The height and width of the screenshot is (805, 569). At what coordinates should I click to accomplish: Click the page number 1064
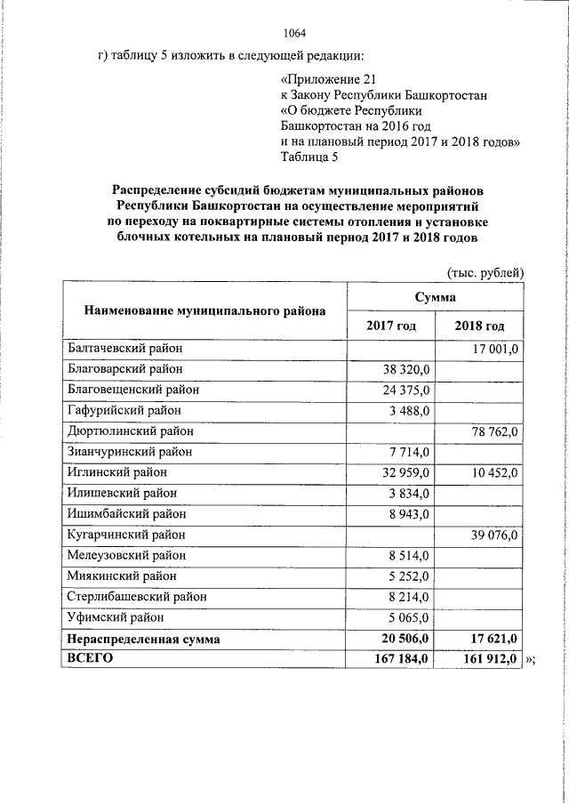coord(294,35)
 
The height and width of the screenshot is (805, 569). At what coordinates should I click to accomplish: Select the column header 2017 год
coord(391,326)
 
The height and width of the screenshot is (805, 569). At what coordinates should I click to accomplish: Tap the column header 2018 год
coord(480,326)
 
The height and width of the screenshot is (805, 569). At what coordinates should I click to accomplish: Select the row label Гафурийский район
coord(124,410)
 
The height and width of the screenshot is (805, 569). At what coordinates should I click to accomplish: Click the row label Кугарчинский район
coord(127,535)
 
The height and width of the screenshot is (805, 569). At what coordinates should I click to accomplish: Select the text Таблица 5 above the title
coord(309,158)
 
